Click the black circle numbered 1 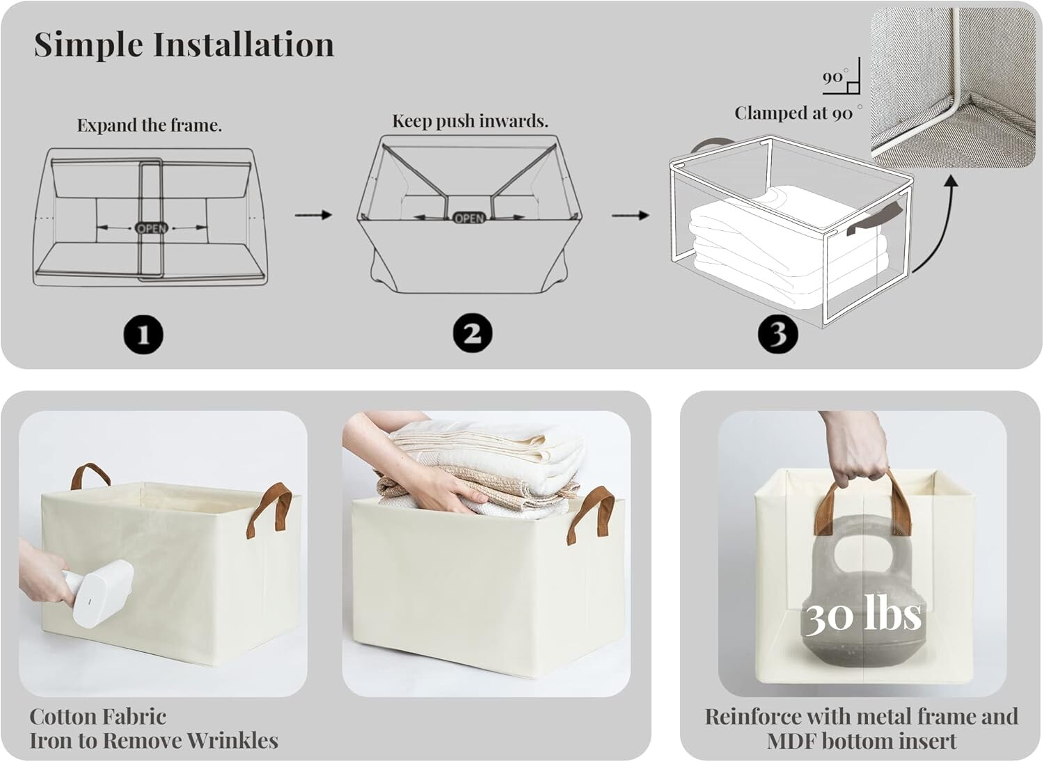tap(143, 335)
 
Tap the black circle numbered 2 tap(472, 333)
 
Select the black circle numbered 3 tap(778, 333)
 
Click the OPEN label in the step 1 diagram tap(152, 228)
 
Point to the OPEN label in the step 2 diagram tap(469, 218)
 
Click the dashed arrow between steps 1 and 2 tap(313, 215)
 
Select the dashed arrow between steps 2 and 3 tap(630, 215)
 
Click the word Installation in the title tap(244, 45)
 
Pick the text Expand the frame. tap(149, 125)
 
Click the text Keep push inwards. tap(470, 121)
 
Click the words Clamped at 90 tap(793, 113)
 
